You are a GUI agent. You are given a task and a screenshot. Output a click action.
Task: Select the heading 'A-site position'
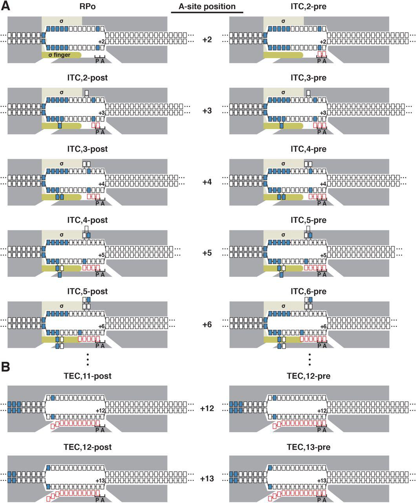(207, 7)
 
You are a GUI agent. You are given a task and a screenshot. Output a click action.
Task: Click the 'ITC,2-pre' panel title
(308, 7)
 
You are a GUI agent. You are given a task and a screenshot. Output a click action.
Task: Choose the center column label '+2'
(207, 40)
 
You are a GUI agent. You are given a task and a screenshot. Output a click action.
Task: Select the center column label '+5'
(207, 253)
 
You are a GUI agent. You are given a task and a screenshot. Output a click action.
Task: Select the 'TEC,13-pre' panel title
(308, 447)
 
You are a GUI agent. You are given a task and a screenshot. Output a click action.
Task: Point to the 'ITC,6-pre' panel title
(308, 292)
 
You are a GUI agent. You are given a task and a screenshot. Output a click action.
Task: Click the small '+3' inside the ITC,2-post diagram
(101, 113)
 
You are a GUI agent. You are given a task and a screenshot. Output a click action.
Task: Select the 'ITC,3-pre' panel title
(308, 78)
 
